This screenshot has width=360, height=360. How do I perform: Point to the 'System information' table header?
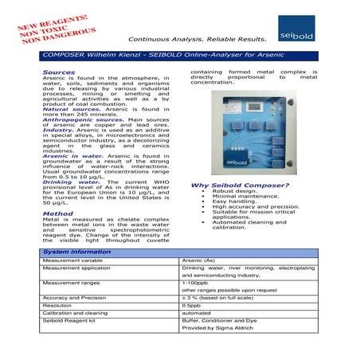(x=76, y=251)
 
